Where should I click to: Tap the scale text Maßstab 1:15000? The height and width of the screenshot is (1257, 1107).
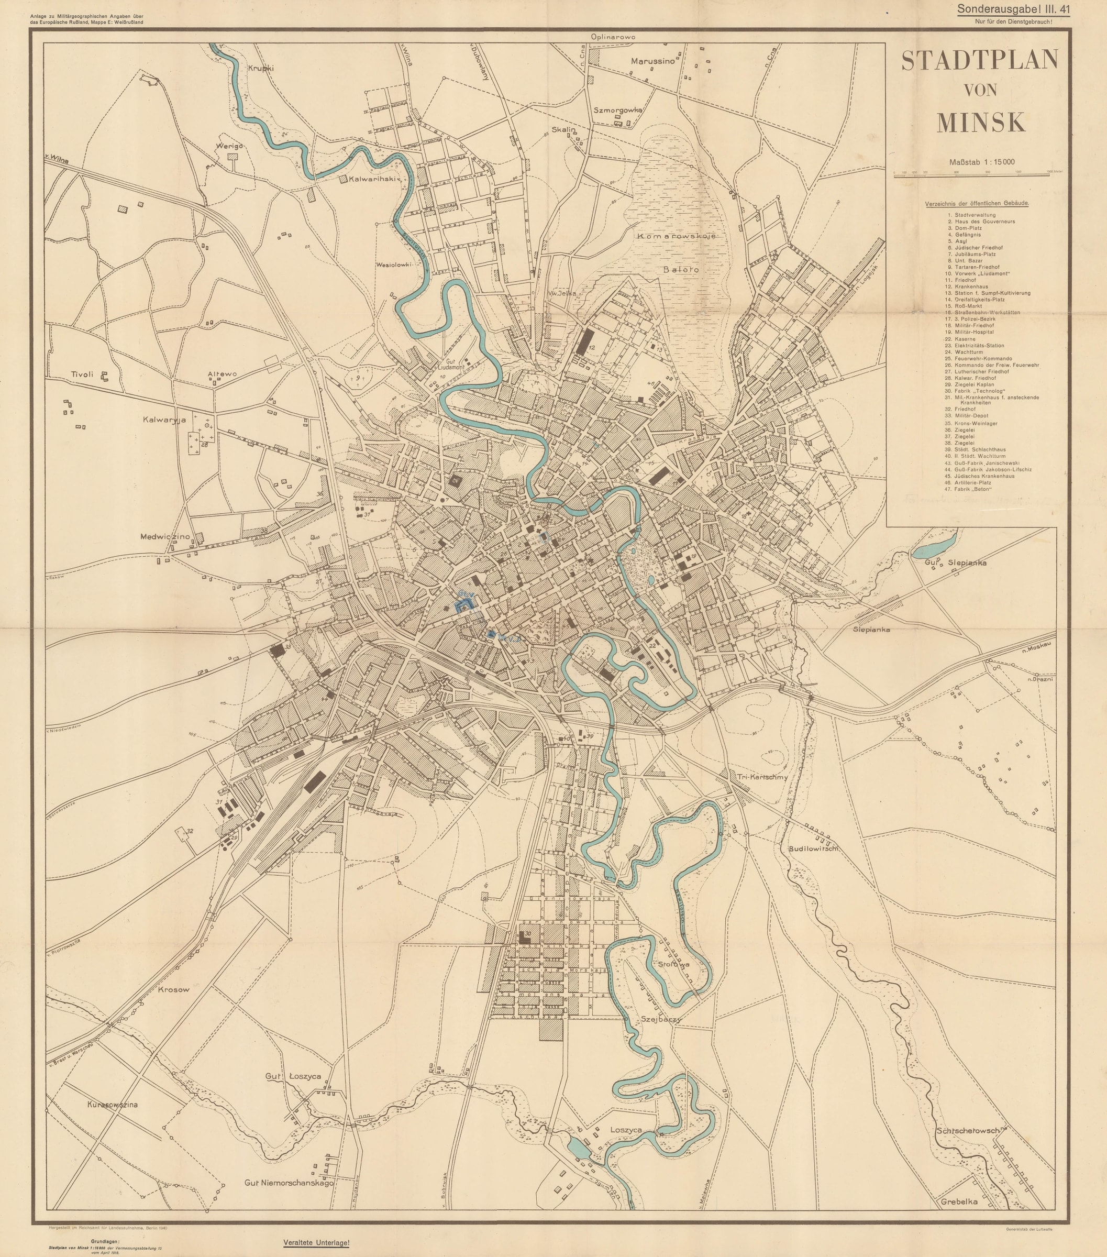981,162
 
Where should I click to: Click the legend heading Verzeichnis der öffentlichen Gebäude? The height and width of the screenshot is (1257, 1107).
977,203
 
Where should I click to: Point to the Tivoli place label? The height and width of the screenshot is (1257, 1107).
82,374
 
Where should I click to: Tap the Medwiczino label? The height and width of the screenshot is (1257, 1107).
165,536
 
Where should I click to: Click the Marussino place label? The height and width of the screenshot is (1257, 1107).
653,61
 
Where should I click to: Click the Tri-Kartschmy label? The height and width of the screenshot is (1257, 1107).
762,777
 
